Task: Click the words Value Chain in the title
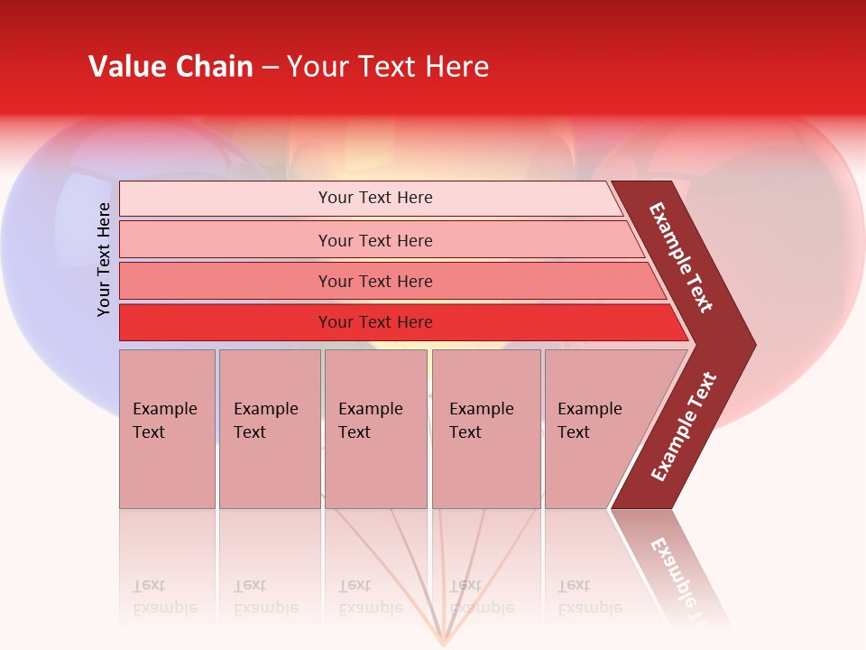pyautogui.click(x=170, y=67)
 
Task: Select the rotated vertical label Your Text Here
pyautogui.click(x=104, y=259)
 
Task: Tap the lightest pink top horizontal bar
pyautogui.click(x=375, y=198)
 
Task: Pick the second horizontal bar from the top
pyautogui.click(x=375, y=240)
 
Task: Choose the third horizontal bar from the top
pyautogui.click(x=375, y=281)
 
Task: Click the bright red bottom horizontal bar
pyautogui.click(x=375, y=322)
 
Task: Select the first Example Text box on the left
pyautogui.click(x=167, y=429)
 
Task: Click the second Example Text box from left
pyautogui.click(x=269, y=429)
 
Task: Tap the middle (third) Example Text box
pyautogui.click(x=375, y=429)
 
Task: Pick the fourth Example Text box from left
pyautogui.click(x=485, y=429)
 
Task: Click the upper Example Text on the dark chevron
pyautogui.click(x=681, y=257)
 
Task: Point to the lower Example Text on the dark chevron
pyautogui.click(x=683, y=427)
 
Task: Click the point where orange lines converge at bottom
pyautogui.click(x=443, y=644)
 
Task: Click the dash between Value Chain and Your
pyautogui.click(x=270, y=68)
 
